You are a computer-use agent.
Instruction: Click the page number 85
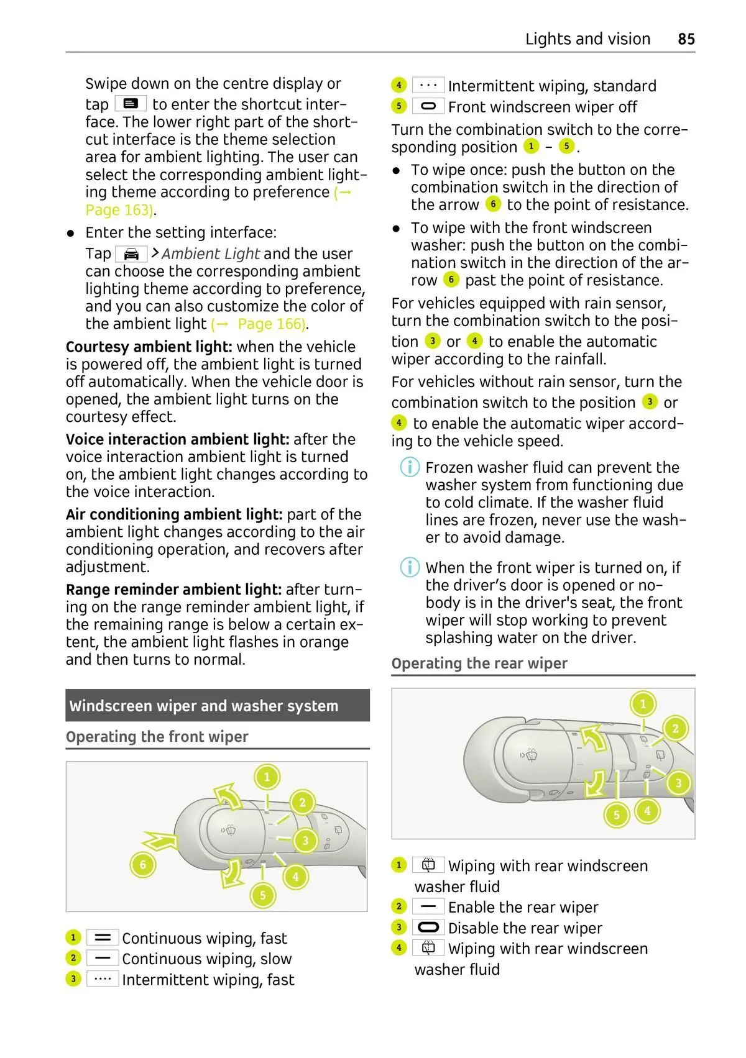[686, 39]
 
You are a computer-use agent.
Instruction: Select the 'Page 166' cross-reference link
[271, 324]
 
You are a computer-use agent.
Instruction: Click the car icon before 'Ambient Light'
[131, 254]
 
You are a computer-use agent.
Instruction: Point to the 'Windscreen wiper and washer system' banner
[217, 706]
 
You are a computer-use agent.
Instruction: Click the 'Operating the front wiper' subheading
[157, 737]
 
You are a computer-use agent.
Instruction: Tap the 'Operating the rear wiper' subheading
[479, 664]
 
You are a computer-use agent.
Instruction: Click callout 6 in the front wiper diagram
[142, 865]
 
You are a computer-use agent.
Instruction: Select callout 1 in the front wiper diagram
[267, 777]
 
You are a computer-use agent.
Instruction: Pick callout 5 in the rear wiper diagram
[616, 814]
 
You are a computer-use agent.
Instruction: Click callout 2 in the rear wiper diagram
[675, 728]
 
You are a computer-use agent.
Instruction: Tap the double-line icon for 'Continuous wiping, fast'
[103, 937]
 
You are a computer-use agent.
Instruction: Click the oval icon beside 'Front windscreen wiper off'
[428, 106]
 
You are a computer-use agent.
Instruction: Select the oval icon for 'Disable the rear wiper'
[428, 928]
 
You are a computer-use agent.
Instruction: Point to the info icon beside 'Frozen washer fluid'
[409, 467]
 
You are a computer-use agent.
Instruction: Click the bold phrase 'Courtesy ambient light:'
[149, 347]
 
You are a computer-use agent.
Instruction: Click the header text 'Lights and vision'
[587, 39]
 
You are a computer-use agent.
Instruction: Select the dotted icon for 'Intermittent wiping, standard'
[428, 85]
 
